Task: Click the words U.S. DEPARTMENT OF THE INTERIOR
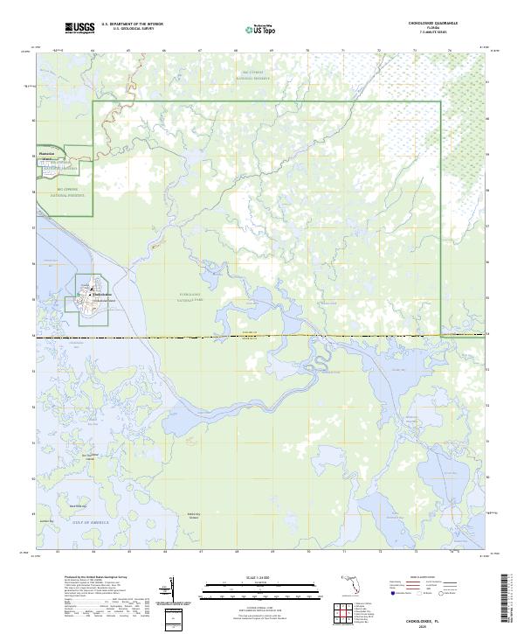coord(132,24)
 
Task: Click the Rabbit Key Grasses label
coord(195,515)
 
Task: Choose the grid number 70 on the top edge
coord(307,51)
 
